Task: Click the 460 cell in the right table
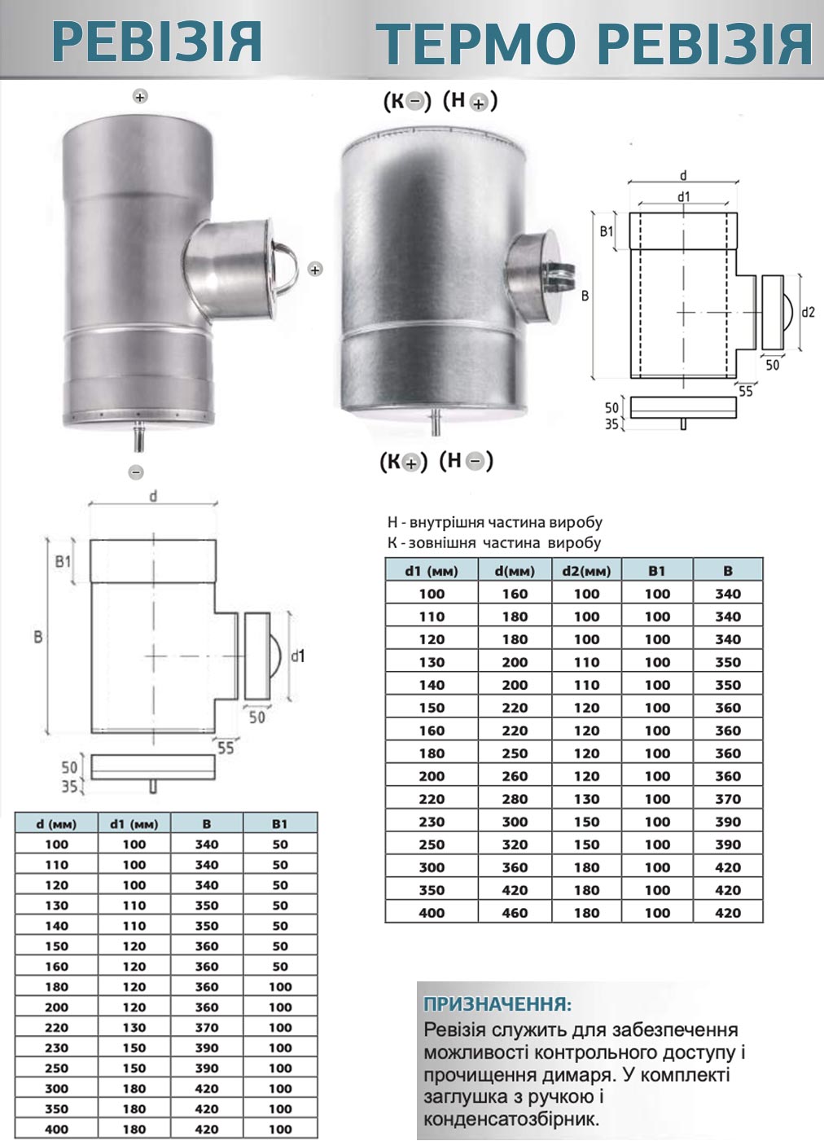click(515, 913)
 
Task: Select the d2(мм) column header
click(587, 571)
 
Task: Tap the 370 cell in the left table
click(207, 1028)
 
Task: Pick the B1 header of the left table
click(279, 823)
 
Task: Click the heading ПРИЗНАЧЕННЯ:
click(497, 1004)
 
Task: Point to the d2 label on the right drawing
click(809, 312)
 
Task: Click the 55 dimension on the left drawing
click(226, 748)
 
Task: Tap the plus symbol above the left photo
click(140, 96)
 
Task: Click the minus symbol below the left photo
click(136, 472)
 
